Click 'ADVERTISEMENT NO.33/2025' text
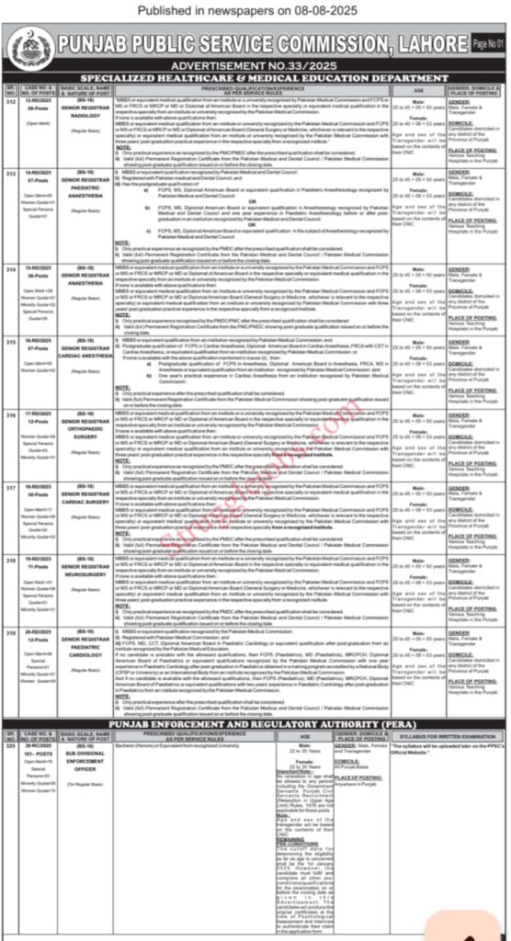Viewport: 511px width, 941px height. [x=255, y=66]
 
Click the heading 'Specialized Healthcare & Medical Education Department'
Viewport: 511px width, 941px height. [x=255, y=80]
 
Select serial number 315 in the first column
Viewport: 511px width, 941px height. [x=10, y=340]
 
